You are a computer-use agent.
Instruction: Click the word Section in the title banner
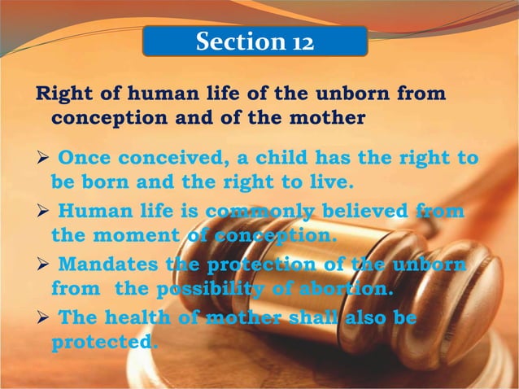pos(235,42)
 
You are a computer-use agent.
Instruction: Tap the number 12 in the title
pos(299,42)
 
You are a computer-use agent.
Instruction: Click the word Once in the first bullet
pos(85,157)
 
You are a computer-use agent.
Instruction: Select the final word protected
pos(102,342)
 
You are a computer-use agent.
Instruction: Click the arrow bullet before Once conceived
pos(42,158)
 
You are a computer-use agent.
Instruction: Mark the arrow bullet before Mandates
pos(42,266)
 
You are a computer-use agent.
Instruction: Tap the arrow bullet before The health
pos(42,319)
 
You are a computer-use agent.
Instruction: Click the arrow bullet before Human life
pos(42,212)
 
